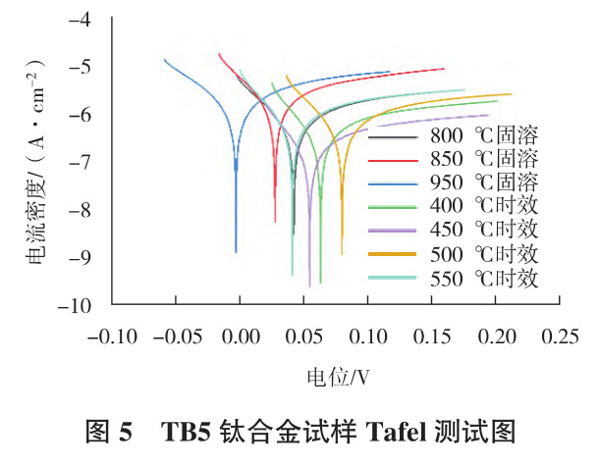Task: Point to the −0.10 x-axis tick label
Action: click(111, 337)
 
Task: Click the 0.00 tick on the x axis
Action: click(239, 337)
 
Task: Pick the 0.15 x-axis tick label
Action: click(432, 337)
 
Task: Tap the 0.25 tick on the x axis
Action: click(559, 337)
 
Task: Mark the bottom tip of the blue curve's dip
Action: click(236, 252)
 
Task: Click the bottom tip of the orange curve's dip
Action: click(342, 254)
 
